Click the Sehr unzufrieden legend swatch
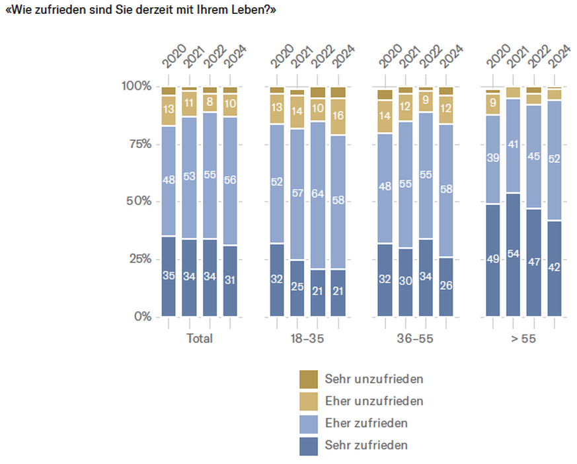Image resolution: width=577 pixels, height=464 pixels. pos(308,379)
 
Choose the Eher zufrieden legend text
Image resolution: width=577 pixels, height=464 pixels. pos(365,423)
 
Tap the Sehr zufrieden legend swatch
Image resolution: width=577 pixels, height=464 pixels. pos(308,445)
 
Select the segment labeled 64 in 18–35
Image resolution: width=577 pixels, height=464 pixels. pos(318,195)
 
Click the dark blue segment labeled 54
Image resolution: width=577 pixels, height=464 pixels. pos(514,254)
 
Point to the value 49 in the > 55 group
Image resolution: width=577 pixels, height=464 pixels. pos(493,260)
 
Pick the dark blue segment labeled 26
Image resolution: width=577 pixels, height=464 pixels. pos(446,286)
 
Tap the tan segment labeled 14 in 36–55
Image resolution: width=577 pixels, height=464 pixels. pos(385,116)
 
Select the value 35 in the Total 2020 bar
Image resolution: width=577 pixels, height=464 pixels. pos(169,276)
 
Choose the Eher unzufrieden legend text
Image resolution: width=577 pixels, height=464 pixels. pos(373,401)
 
